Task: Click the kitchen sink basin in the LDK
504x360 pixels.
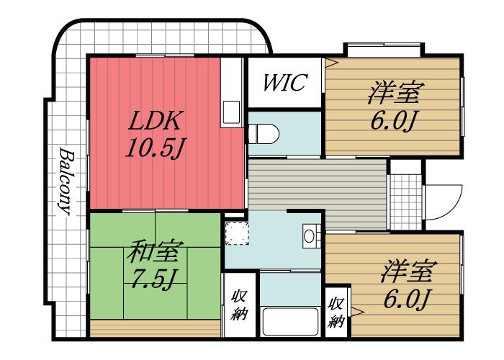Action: tap(232, 112)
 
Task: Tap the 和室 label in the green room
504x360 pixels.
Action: tap(155, 252)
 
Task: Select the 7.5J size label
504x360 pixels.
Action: tap(155, 279)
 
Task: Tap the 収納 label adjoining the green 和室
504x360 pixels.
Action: tap(239, 304)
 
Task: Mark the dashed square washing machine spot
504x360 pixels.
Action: tap(237, 233)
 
